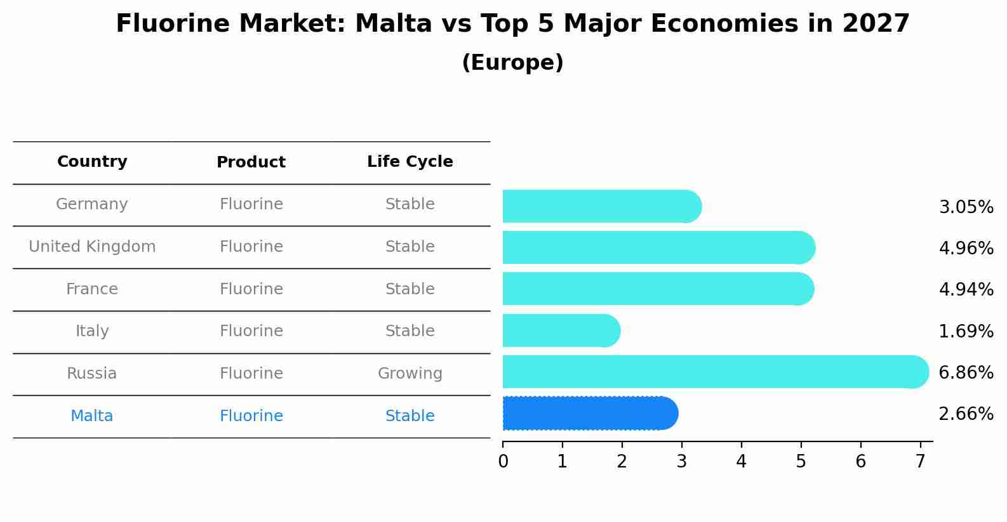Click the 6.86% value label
click(966, 372)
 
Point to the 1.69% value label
click(966, 331)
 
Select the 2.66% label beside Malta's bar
click(966, 414)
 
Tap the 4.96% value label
click(966, 248)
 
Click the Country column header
click(92, 162)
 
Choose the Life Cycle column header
click(410, 162)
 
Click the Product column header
click(251, 162)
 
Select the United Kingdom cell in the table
click(92, 247)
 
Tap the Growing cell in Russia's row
click(410, 374)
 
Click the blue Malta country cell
click(92, 416)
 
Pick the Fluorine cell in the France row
click(251, 289)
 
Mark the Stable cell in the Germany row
click(410, 204)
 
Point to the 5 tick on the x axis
click(801, 461)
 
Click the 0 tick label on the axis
click(503, 461)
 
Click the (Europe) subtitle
click(512, 63)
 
